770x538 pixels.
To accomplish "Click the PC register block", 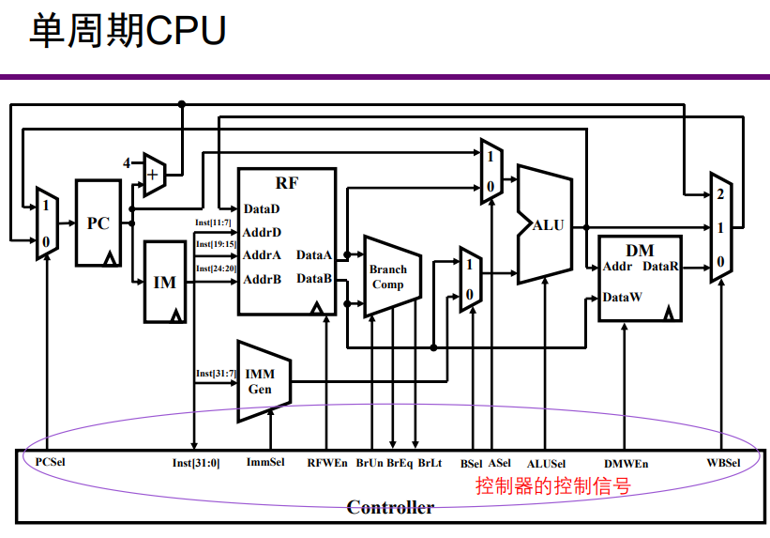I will click(x=98, y=223).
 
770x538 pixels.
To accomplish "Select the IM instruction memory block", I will click(x=164, y=283).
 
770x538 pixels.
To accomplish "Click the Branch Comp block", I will click(x=387, y=276).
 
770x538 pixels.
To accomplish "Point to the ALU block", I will click(x=547, y=225).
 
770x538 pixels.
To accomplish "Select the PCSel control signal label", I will click(x=50, y=463).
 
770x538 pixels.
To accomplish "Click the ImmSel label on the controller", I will click(x=264, y=463).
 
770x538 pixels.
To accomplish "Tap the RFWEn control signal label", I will click(x=326, y=463).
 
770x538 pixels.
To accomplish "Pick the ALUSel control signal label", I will click(x=547, y=463).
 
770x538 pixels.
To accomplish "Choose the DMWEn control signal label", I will click(x=626, y=463).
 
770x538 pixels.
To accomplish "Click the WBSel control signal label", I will click(x=723, y=463).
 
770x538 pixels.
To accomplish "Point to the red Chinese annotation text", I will click(x=552, y=486).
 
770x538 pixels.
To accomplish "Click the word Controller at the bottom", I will click(x=390, y=508).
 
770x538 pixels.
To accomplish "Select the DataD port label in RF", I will click(x=262, y=208).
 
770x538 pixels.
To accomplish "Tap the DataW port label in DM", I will click(x=622, y=298).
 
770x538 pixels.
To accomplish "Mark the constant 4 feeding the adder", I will click(x=128, y=163).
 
